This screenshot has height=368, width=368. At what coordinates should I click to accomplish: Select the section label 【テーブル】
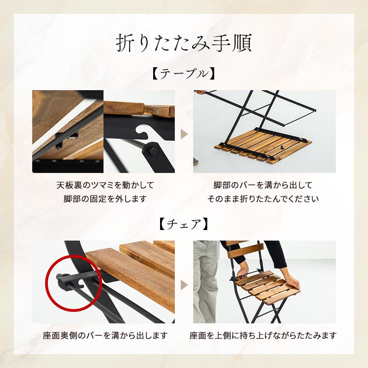click(x=184, y=74)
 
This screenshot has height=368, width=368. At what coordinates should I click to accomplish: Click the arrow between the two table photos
click(x=184, y=134)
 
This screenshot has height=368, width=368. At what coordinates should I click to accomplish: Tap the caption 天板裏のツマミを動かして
click(x=105, y=185)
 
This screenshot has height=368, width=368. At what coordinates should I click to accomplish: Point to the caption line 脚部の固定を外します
click(x=105, y=199)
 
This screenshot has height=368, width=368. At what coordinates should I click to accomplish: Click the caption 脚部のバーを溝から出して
click(x=263, y=185)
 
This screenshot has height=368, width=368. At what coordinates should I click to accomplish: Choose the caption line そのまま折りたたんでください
click(x=263, y=199)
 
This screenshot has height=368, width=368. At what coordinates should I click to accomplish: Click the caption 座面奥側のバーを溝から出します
click(x=105, y=335)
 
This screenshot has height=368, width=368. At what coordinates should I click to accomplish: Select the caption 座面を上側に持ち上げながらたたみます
click(x=263, y=335)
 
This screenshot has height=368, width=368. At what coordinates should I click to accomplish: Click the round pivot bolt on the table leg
click(x=151, y=151)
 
